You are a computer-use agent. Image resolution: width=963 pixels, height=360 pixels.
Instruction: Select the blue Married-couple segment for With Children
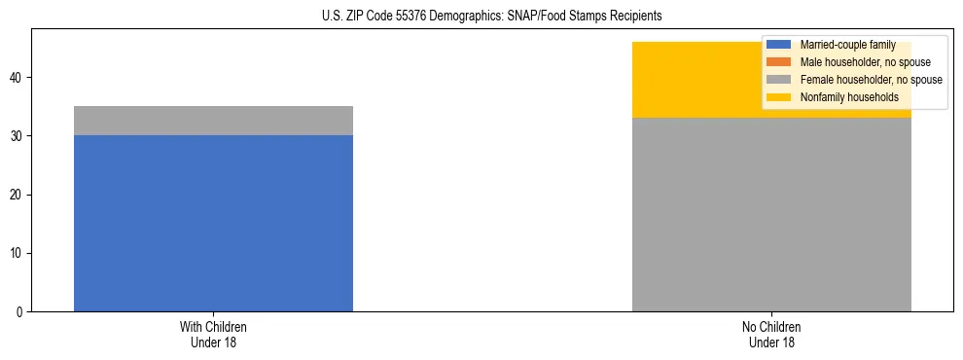point(213,223)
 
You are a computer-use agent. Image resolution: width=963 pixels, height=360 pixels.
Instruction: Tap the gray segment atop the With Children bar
point(213,121)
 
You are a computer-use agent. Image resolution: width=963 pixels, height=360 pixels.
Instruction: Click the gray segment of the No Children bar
point(771,214)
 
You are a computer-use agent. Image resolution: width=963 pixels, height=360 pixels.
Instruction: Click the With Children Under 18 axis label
point(213,334)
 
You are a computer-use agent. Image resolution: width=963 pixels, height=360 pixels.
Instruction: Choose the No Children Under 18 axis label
point(771,334)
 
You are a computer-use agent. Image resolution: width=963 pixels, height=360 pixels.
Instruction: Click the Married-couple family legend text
point(847,45)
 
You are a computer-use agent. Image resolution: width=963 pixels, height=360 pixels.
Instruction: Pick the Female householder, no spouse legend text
point(871,80)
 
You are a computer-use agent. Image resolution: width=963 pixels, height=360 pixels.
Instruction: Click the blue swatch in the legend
point(779,45)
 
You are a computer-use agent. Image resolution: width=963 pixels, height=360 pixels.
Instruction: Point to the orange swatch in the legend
point(779,62)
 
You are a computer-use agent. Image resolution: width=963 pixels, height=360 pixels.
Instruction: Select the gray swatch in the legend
point(779,80)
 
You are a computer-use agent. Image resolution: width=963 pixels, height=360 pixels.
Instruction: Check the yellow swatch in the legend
point(779,97)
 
